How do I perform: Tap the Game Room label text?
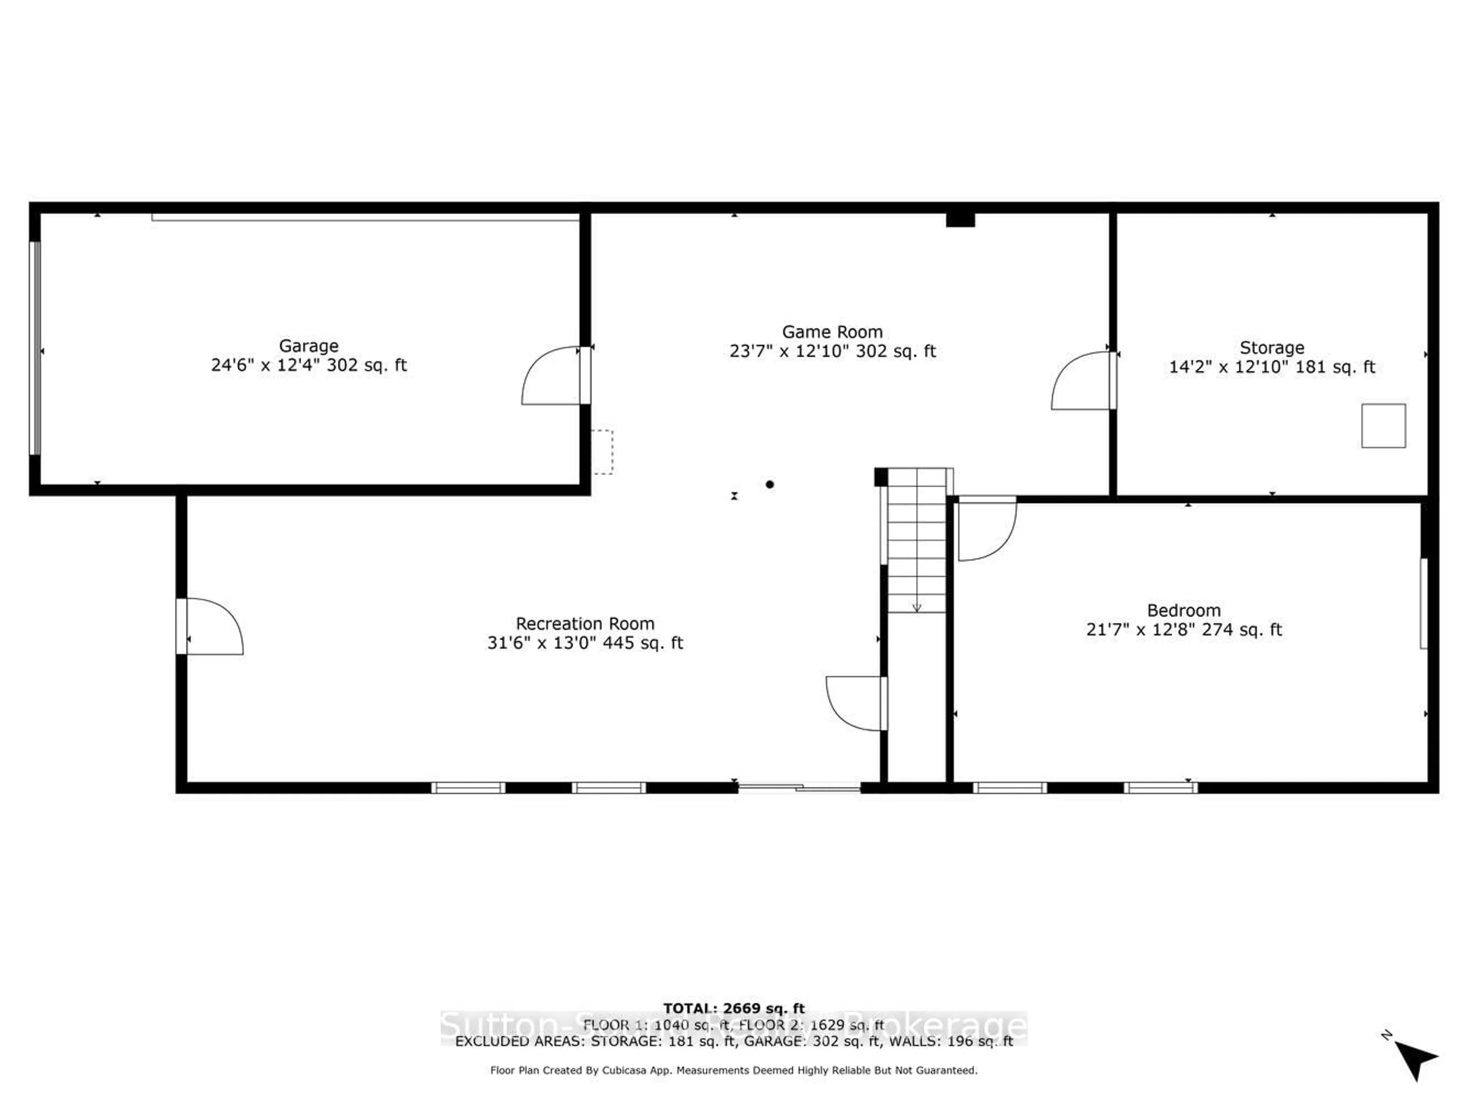[x=832, y=332]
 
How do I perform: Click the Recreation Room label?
[x=585, y=623]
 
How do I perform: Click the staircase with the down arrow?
[x=916, y=540]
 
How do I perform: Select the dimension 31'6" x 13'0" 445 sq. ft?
[x=585, y=643]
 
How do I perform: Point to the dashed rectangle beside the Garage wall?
[x=602, y=452]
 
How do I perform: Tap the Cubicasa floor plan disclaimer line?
[x=733, y=1070]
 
